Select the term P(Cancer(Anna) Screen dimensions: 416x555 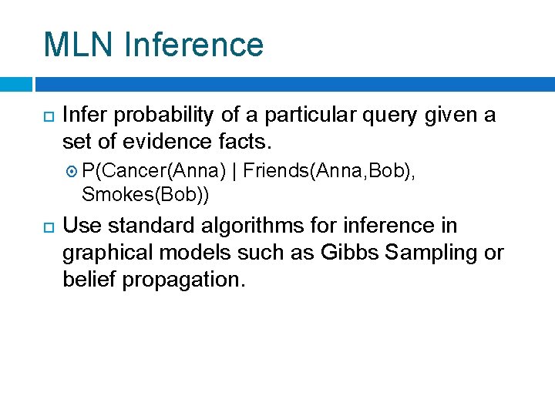pos(153,169)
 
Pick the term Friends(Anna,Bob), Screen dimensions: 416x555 pos(329,169)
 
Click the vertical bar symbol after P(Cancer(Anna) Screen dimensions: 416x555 pos(234,169)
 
